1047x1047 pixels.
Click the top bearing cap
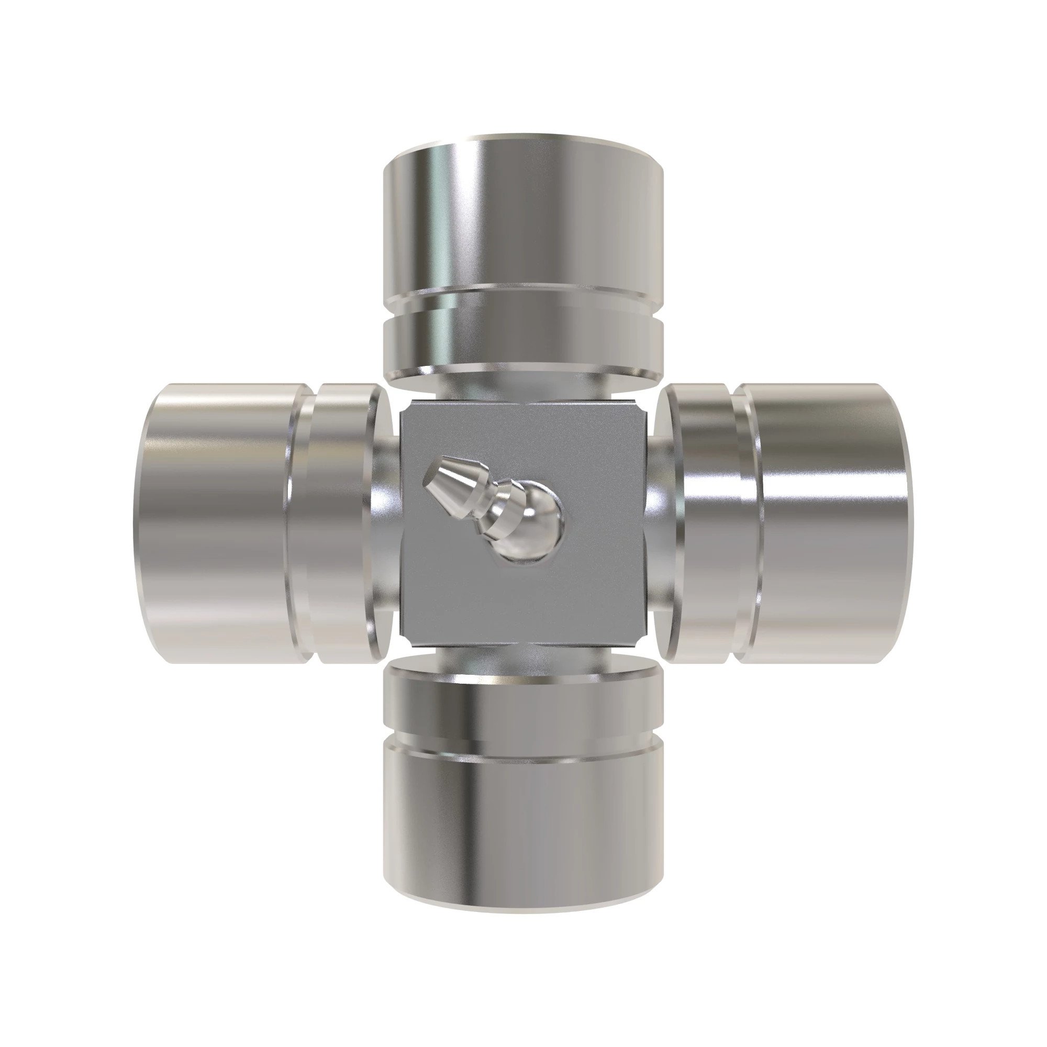[x=523, y=217]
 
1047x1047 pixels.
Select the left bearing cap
[x=217, y=523]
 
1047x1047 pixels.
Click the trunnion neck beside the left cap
[x=388, y=523]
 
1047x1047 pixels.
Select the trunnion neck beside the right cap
[x=657, y=523]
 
